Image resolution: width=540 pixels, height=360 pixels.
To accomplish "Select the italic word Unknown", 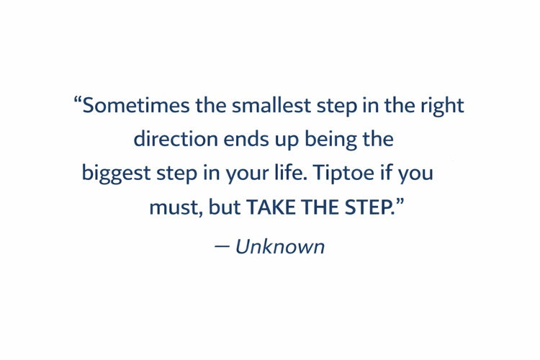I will [279, 247].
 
